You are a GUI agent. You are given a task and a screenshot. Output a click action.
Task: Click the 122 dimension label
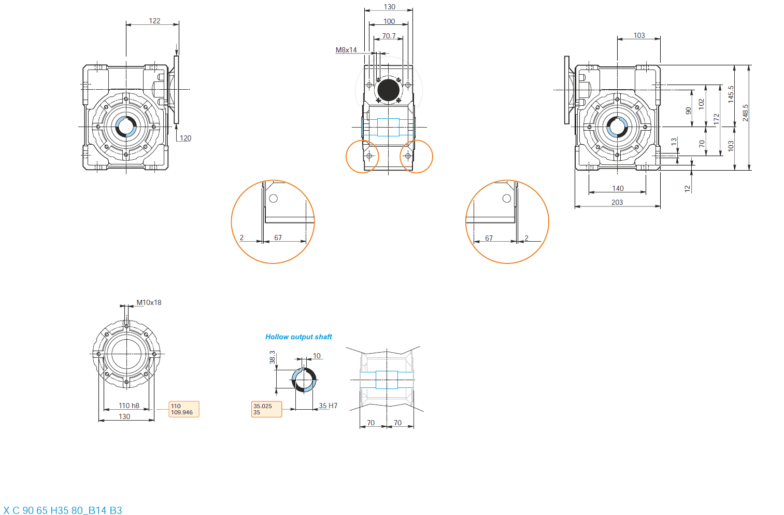(154, 21)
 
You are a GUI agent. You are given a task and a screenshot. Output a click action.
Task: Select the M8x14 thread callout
(346, 50)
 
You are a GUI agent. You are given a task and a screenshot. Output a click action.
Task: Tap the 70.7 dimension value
(389, 36)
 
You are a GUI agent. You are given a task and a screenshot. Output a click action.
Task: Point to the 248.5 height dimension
(745, 113)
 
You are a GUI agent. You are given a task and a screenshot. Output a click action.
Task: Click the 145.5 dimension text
(731, 94)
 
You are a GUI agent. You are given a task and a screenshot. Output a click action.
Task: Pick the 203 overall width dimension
(617, 202)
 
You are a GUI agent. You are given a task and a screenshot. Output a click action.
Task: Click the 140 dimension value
(618, 188)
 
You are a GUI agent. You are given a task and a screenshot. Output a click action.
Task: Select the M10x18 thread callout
(149, 302)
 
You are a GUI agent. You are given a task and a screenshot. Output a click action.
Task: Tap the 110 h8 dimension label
(129, 406)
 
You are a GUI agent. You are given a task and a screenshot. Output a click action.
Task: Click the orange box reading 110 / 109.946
(184, 409)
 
